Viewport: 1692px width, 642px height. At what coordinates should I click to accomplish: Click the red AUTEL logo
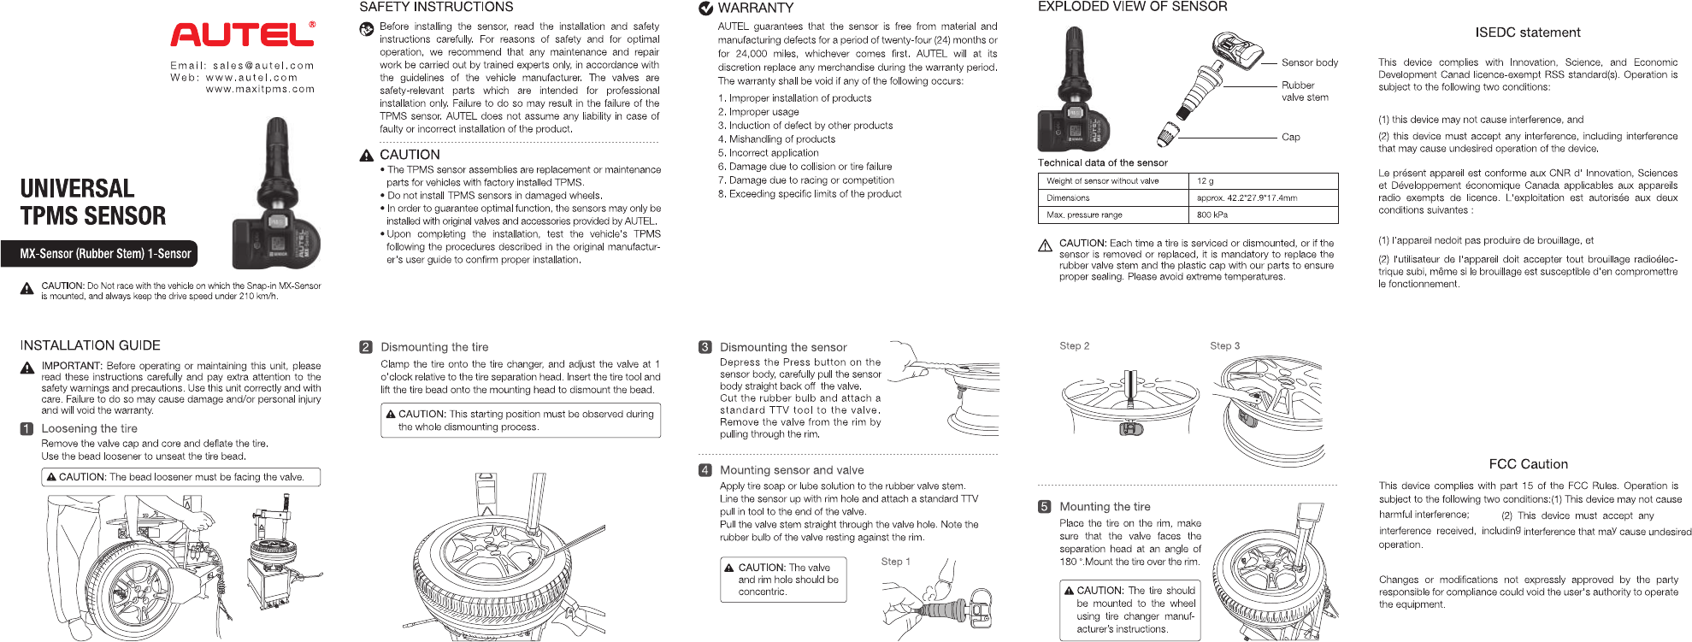pyautogui.click(x=243, y=34)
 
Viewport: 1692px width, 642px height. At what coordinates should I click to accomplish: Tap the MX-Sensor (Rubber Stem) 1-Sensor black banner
pyautogui.click(x=106, y=254)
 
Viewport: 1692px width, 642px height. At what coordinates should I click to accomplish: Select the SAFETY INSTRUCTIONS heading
pyautogui.click(x=436, y=8)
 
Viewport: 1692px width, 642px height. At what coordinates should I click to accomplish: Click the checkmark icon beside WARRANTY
pyautogui.click(x=706, y=9)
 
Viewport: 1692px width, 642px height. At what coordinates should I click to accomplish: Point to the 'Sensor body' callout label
pyautogui.click(x=1309, y=63)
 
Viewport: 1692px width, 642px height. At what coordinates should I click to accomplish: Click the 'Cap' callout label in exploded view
pyautogui.click(x=1290, y=137)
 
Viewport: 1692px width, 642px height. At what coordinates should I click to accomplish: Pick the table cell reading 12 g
pyautogui.click(x=1206, y=181)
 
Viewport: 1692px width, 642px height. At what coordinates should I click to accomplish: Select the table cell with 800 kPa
pyautogui.click(x=1212, y=215)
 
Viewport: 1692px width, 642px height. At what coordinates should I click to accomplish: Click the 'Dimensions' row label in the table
pyautogui.click(x=1068, y=198)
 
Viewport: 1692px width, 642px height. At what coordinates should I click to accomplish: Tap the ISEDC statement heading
pyautogui.click(x=1527, y=33)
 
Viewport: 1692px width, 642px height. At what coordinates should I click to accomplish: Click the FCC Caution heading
pyautogui.click(x=1528, y=464)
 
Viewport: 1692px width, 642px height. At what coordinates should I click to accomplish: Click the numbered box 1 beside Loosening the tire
pyautogui.click(x=27, y=429)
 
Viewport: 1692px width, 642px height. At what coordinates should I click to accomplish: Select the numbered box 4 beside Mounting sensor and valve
pyautogui.click(x=705, y=470)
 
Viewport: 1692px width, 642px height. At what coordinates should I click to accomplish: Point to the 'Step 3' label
pyautogui.click(x=1224, y=346)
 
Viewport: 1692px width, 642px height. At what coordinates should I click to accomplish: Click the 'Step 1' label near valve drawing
pyautogui.click(x=895, y=562)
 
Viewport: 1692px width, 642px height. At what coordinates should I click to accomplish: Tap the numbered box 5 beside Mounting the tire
pyautogui.click(x=1044, y=507)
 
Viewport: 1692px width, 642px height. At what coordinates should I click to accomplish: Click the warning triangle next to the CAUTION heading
pyautogui.click(x=367, y=156)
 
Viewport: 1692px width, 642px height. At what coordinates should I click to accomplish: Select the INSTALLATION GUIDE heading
pyautogui.click(x=91, y=345)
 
